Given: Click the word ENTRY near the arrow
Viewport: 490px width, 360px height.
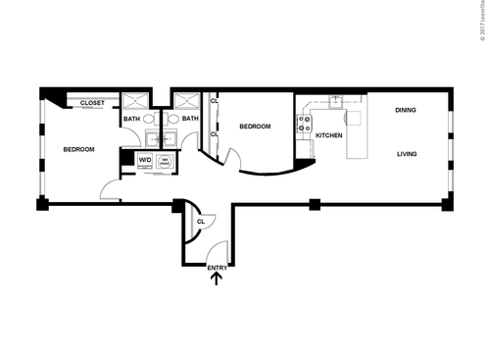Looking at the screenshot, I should pos(217,267).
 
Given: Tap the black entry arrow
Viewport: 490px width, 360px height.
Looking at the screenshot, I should pos(217,279).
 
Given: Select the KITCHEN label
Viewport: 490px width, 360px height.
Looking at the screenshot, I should pos(328,135).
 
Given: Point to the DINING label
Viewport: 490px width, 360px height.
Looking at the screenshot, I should pos(406,110).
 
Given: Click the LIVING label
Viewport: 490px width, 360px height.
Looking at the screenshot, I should pos(409,154).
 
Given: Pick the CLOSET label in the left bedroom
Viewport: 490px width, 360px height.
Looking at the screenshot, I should pos(93,102).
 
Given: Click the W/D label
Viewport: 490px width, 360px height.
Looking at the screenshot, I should pos(145,159).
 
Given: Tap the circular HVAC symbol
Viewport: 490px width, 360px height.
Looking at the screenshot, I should pos(166,160).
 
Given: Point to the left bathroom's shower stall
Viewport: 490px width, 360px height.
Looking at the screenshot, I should pos(132,101).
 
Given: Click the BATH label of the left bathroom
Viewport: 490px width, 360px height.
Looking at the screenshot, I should pos(131,120).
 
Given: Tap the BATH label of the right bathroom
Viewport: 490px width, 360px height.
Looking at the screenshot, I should pos(190,120).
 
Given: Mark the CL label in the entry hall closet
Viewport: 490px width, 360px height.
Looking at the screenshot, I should pos(200,222).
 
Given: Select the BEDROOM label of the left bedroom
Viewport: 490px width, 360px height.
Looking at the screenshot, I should pos(78,149).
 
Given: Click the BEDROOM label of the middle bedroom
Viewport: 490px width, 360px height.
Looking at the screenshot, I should pos(255,127).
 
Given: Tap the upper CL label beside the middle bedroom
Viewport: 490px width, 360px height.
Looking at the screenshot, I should pos(215,99).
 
